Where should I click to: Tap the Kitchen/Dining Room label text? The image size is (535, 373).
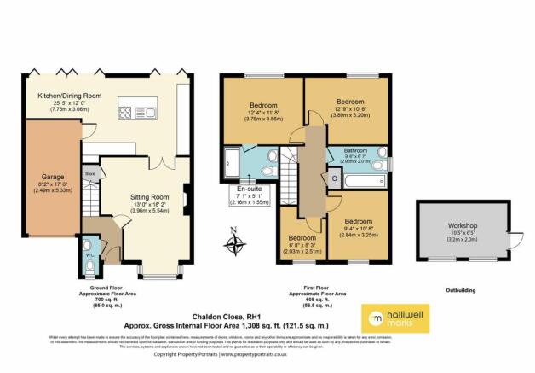pyautogui.click(x=64, y=96)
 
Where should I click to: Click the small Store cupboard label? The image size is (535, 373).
pyautogui.click(x=89, y=173)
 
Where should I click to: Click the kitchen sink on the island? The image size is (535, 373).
pyautogui.click(x=150, y=112)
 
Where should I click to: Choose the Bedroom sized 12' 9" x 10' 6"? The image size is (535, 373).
pyautogui.click(x=348, y=101)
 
